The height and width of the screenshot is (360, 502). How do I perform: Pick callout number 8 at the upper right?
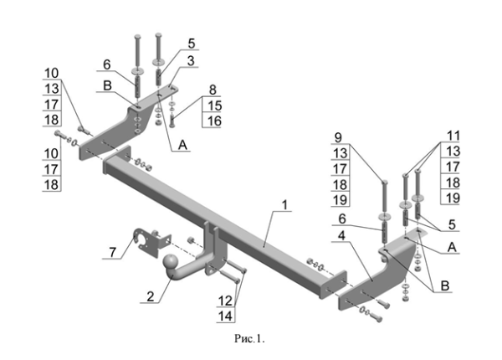click(x=213, y=89)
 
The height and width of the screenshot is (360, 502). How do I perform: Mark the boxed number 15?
click(x=213, y=105)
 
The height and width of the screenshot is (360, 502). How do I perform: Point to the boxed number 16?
click(x=213, y=121)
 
